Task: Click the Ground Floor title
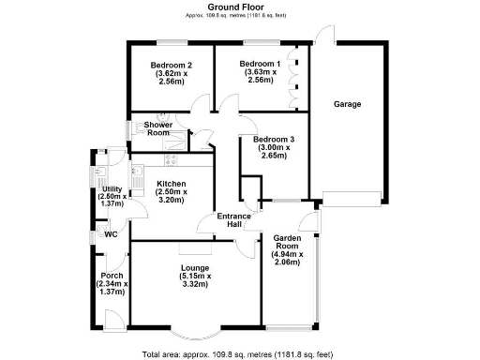point(239,7)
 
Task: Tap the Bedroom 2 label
point(170,65)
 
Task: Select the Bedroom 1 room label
point(260,65)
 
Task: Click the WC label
point(110,234)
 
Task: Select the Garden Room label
point(286,242)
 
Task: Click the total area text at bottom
point(239,354)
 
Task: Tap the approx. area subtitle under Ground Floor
point(239,17)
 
